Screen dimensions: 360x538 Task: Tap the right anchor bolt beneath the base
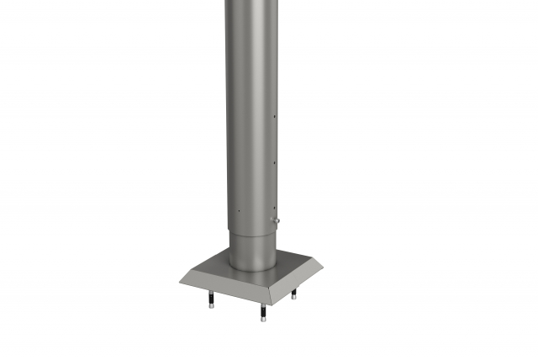click(x=294, y=293)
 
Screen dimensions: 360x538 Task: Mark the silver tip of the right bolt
click(x=294, y=297)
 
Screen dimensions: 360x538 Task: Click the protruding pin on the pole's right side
click(x=276, y=220)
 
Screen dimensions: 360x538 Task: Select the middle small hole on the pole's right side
click(x=275, y=159)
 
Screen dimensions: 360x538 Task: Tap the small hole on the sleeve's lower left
click(x=238, y=211)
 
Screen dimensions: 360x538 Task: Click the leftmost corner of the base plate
click(x=179, y=281)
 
